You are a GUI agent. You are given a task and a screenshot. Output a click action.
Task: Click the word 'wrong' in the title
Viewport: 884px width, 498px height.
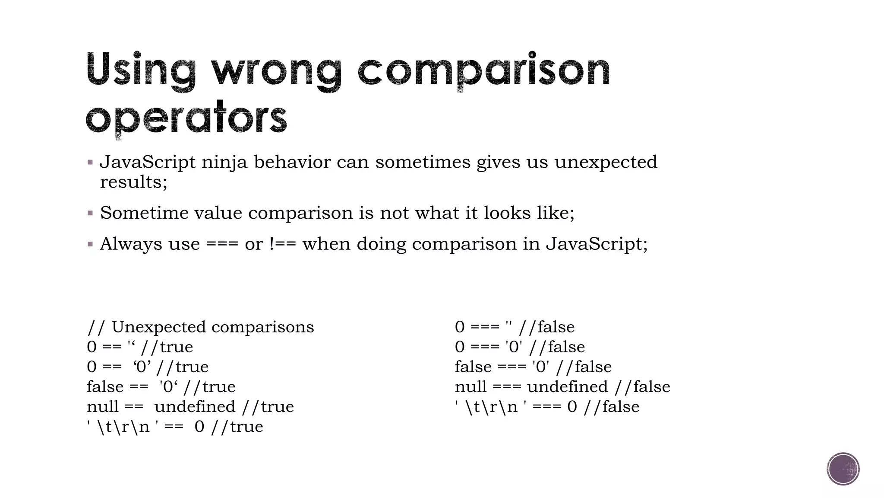276,70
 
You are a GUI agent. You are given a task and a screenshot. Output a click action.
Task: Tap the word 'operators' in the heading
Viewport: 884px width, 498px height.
186,118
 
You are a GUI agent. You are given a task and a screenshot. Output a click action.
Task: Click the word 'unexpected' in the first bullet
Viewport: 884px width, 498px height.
606,163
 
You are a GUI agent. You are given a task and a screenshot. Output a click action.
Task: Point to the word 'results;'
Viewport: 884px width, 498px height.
133,182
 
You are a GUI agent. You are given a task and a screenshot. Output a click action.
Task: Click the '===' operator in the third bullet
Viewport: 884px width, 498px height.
222,244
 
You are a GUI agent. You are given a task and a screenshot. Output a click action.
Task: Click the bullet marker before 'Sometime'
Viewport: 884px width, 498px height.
90,213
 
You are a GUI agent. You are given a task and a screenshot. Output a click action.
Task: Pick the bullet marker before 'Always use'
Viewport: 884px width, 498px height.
90,244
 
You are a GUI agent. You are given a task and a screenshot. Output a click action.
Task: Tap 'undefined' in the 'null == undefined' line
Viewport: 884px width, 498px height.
195,407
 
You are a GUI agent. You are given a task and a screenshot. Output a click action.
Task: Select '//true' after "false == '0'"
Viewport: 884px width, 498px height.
209,387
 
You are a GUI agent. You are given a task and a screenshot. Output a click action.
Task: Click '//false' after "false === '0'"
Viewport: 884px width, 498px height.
584,367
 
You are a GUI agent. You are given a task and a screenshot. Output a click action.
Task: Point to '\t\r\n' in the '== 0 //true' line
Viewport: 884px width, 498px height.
123,427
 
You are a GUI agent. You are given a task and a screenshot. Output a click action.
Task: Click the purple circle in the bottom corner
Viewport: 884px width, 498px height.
843,469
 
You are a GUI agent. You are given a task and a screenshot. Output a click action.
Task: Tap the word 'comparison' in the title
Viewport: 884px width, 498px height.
483,70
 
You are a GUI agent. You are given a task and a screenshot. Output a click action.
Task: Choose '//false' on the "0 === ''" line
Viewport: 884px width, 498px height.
546,327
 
